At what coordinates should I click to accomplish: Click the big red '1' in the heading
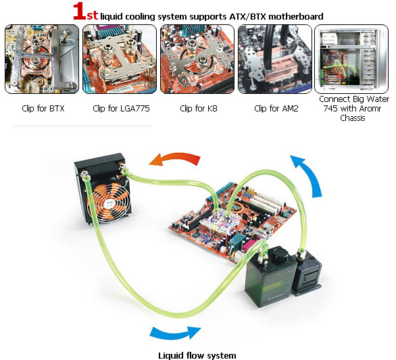click(x=79, y=11)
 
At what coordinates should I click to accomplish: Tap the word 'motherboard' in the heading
click(x=296, y=17)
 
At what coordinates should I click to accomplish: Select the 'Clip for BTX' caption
click(x=43, y=109)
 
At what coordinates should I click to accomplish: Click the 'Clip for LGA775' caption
click(x=121, y=109)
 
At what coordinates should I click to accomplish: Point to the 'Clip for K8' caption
click(x=199, y=109)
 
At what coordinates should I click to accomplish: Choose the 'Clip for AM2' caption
click(x=276, y=109)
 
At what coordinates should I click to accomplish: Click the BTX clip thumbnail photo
click(x=42, y=59)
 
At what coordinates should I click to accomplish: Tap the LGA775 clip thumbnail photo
click(x=120, y=59)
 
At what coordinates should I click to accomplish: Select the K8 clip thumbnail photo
click(x=197, y=59)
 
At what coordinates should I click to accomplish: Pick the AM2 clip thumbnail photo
click(x=275, y=59)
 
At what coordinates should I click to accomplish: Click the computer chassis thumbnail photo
click(x=351, y=59)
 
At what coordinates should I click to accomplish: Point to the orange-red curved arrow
click(x=177, y=157)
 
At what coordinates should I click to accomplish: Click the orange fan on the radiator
click(x=109, y=203)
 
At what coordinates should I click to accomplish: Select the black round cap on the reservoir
click(x=280, y=255)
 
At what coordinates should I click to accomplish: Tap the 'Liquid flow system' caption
click(x=197, y=355)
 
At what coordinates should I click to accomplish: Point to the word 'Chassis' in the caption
click(x=353, y=118)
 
